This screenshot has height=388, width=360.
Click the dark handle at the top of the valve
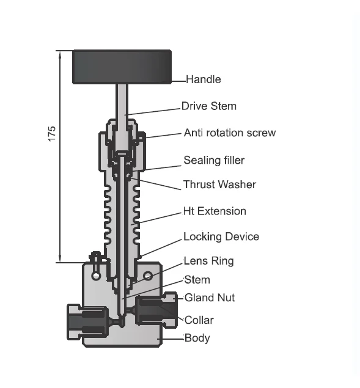point(122,67)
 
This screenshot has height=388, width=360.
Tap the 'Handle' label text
point(204,79)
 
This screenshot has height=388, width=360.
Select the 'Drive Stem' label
point(209,106)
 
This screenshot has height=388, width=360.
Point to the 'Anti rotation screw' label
point(230,133)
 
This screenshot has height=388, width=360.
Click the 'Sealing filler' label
point(214,160)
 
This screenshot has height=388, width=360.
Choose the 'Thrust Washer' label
point(219,185)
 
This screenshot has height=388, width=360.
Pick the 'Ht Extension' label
point(215,211)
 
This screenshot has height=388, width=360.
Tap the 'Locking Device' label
point(221,236)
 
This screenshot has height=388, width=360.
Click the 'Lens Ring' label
point(208,261)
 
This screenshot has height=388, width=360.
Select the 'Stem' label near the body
point(197,280)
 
